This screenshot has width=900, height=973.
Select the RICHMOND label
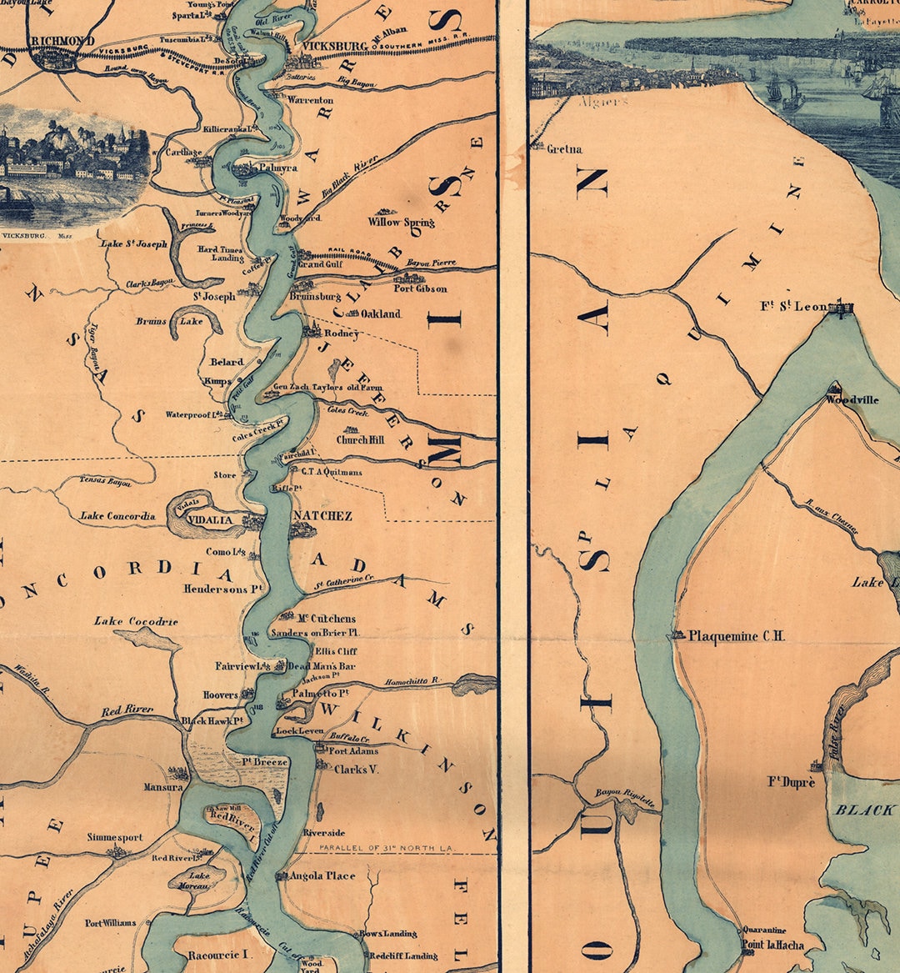pyautogui.click(x=62, y=40)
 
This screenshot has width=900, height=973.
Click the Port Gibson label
pyautogui.click(x=421, y=288)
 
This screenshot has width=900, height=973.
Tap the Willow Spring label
pyautogui.click(x=401, y=223)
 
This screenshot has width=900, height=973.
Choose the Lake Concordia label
pyautogui.click(x=117, y=516)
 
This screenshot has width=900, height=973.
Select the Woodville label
pyautogui.click(x=852, y=400)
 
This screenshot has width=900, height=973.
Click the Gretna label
pyautogui.click(x=564, y=149)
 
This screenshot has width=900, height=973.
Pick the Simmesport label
pyautogui.click(x=115, y=837)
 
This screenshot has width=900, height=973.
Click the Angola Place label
pyautogui.click(x=322, y=875)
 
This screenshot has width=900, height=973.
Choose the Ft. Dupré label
pyautogui.click(x=792, y=782)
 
